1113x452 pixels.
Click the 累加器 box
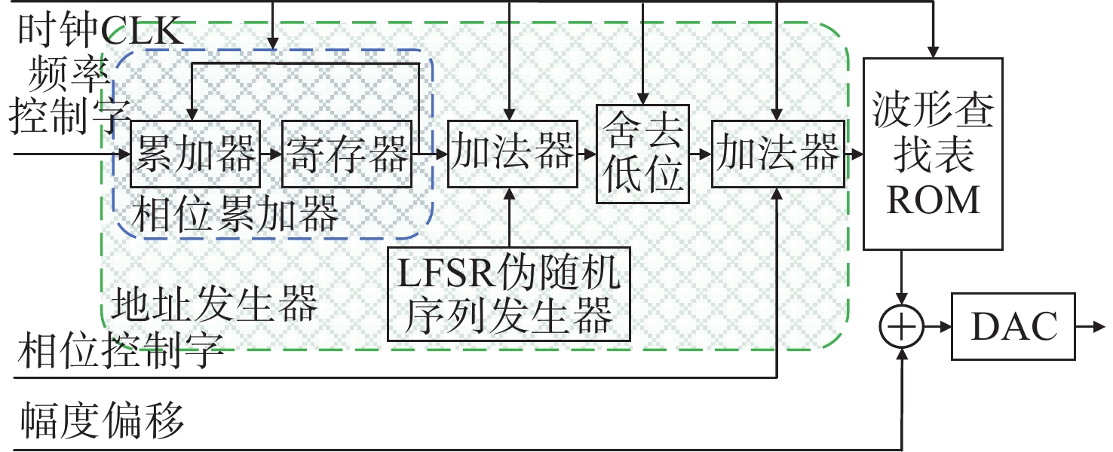[195, 154]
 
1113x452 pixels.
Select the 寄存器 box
[347, 154]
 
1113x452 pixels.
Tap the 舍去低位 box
[642, 154]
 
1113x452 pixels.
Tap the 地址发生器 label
[214, 306]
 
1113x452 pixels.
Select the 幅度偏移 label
[101, 420]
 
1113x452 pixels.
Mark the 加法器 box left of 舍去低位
[511, 154]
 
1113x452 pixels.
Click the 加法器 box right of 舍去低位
[776, 154]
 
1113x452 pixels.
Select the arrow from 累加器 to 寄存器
[271, 154]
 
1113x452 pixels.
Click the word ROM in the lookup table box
[934, 200]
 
